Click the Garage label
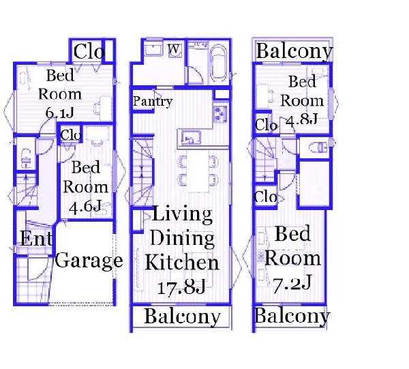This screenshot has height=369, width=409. (x=89, y=261)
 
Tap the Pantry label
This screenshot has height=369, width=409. (x=153, y=101)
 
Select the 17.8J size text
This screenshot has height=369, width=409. (x=181, y=288)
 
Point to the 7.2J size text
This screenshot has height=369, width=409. (x=292, y=284)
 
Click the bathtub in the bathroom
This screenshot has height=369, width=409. (x=218, y=63)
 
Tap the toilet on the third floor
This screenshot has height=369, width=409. (x=318, y=148)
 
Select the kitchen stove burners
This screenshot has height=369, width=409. (x=221, y=114)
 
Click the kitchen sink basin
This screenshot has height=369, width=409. (x=191, y=138)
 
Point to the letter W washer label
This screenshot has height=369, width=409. (x=174, y=49)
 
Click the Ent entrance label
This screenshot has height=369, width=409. (x=36, y=238)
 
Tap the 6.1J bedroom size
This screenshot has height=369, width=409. (x=59, y=113)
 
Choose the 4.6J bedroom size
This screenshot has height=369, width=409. (x=85, y=207)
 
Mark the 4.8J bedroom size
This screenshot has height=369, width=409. (x=301, y=119)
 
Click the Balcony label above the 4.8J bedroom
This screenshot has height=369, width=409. (x=294, y=51)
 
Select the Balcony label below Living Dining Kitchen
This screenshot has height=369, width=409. (x=182, y=316)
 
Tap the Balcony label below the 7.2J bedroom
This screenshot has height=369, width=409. (x=292, y=316)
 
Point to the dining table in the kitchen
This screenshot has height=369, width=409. (x=198, y=171)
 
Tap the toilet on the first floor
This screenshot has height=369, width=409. (x=26, y=158)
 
